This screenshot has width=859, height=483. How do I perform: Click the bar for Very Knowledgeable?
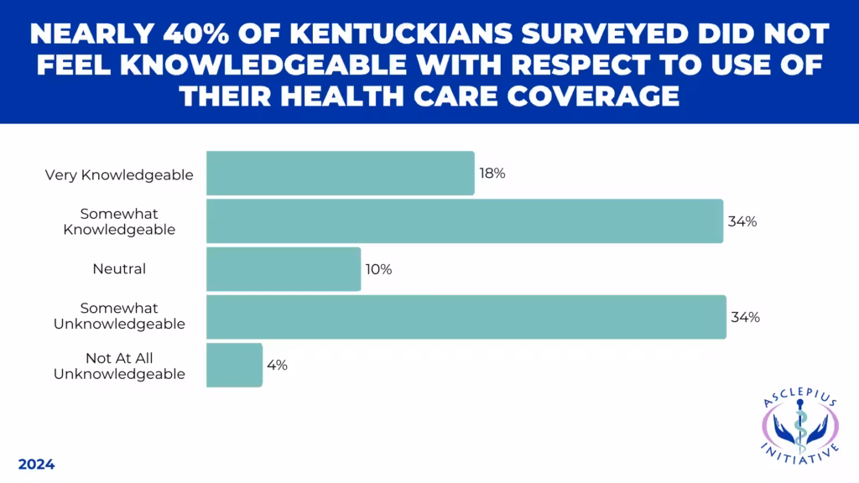click(340, 174)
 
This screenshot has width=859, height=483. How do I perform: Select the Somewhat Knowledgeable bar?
click(464, 221)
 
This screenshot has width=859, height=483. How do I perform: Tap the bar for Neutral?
click(284, 269)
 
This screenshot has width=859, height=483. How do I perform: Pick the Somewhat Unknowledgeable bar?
click(466, 317)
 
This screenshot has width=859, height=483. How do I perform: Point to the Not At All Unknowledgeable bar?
click(234, 365)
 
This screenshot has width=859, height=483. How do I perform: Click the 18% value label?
click(492, 174)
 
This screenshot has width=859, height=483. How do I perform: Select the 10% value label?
click(378, 269)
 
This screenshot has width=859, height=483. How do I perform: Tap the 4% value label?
click(278, 365)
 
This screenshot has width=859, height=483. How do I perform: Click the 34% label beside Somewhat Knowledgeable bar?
click(742, 221)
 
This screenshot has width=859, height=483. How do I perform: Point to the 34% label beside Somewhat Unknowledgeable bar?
click(745, 317)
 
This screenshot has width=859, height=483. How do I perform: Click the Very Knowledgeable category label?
click(119, 175)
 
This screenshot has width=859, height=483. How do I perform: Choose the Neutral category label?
click(119, 269)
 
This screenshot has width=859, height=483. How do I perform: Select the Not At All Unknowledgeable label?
click(119, 366)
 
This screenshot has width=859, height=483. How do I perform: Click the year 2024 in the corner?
click(36, 464)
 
